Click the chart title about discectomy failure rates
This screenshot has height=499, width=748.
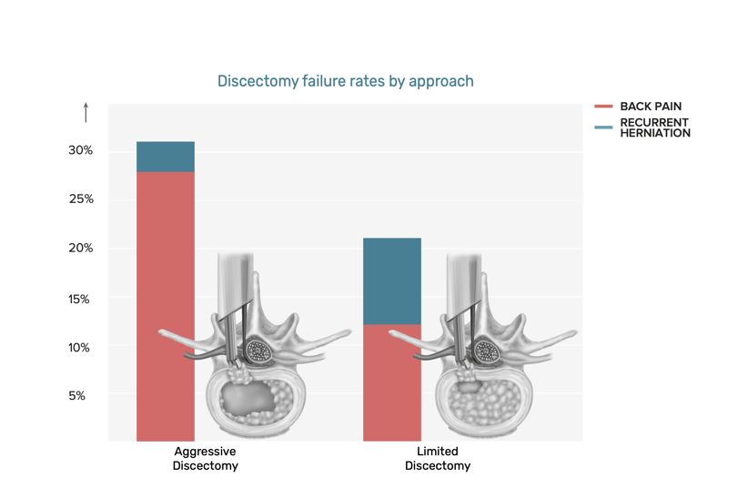tap(345, 81)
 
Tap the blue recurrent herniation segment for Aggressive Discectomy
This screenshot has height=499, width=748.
tap(165, 157)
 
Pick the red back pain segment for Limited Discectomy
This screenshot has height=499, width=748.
tap(391, 382)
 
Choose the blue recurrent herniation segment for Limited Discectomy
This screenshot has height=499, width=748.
tap(391, 281)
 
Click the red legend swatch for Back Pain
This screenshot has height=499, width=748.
tap(603, 107)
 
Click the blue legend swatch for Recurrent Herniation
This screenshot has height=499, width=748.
tap(603, 127)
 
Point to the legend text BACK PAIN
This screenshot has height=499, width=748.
tap(651, 107)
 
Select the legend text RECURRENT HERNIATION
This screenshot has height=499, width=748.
tap(654, 127)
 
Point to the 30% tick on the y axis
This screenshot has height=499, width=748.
tap(80, 150)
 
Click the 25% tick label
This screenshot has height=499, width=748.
tap(80, 199)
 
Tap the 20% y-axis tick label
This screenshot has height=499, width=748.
tap(80, 249)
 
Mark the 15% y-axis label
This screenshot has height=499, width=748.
tap(80, 299)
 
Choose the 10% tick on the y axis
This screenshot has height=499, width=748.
tap(80, 348)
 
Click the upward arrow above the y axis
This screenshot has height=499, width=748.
tap(86, 112)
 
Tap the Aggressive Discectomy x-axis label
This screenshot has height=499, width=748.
tap(205, 458)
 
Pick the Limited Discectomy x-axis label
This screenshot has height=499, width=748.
tap(438, 458)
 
